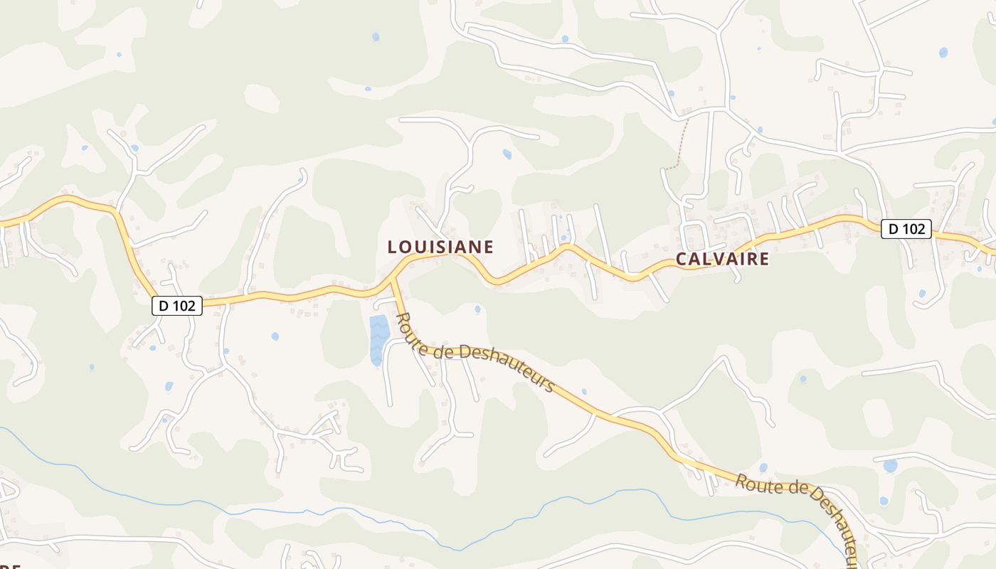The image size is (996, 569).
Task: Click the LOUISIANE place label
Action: click(x=440, y=247)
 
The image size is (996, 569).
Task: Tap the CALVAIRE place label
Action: click(x=722, y=259)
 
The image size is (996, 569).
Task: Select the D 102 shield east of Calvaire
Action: click(x=906, y=229)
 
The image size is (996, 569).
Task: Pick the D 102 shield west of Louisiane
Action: click(x=177, y=306)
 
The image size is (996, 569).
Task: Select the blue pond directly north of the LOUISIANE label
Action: click(x=507, y=154)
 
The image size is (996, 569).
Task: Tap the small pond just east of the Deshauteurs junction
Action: click(x=477, y=309)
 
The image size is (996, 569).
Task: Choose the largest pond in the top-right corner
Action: click(x=943, y=52)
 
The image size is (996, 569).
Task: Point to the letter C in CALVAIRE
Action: click(x=681, y=259)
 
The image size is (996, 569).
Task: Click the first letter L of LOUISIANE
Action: click(x=391, y=247)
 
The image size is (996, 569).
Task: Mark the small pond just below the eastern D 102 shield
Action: click(x=922, y=293)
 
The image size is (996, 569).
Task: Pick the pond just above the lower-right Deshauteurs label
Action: click(x=763, y=467)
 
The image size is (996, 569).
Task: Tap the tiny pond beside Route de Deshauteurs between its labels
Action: click(x=584, y=391)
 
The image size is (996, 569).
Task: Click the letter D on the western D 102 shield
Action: click(x=164, y=306)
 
